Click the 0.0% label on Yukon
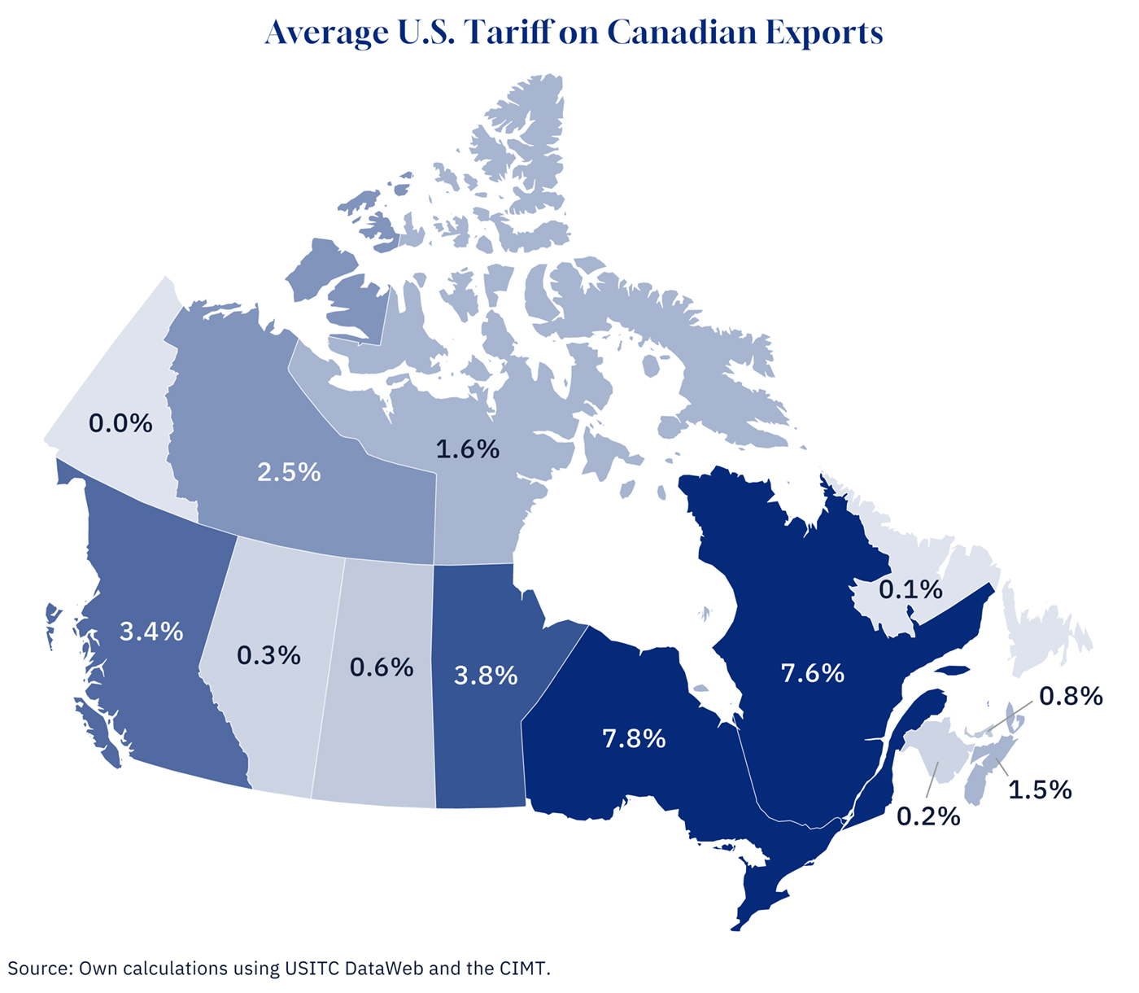pos(120,423)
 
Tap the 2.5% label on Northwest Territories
pos(289,472)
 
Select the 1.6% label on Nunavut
pos(467,448)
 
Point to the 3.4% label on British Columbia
pos(151,631)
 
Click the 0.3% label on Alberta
pos(268,655)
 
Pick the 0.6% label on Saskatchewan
pos(382,667)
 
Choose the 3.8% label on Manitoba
pos(486,676)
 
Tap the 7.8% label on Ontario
pos(634,739)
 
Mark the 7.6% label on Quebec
pos(812,673)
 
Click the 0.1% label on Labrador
pos(910,589)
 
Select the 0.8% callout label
pos(1071,696)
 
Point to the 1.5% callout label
pos(1040,790)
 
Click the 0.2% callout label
pos(928,816)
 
